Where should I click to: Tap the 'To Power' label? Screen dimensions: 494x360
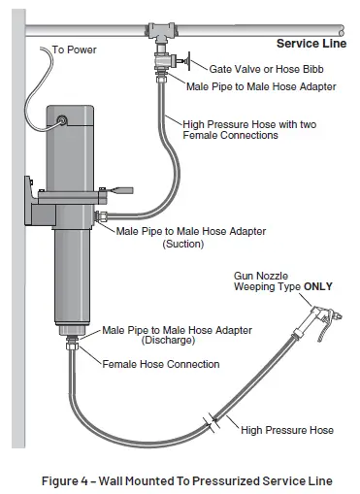coord(73,49)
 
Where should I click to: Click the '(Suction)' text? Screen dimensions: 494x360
coord(181,244)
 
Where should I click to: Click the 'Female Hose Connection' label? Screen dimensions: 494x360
coord(161,364)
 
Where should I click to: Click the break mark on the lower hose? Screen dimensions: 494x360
coord(212,422)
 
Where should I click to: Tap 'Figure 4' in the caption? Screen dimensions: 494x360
coord(76,480)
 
